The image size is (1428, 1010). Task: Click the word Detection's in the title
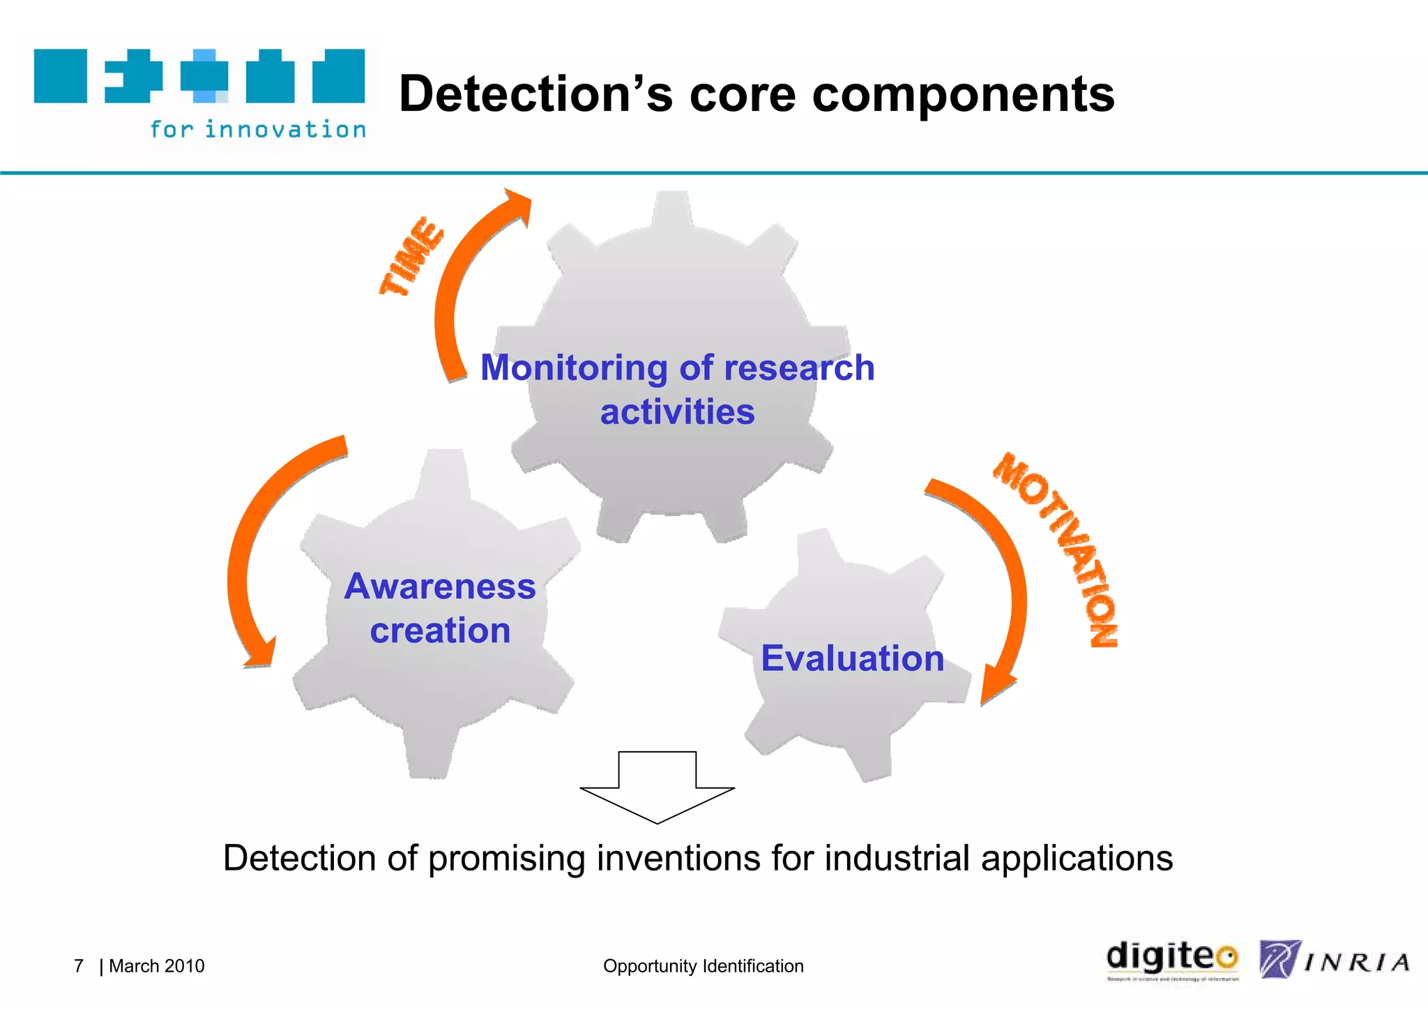535,94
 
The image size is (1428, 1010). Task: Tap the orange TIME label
411,257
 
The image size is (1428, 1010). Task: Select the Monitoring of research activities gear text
677,389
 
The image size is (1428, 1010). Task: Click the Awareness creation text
440,608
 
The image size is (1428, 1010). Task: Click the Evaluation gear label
852,658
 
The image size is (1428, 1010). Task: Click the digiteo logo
1172,959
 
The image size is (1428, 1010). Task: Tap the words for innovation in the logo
258,130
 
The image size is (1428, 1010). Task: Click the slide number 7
79,966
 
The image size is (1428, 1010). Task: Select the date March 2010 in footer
157,966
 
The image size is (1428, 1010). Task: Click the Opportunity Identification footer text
703,966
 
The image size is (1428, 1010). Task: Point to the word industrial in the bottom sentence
897,858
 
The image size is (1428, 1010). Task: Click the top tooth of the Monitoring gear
673,209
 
